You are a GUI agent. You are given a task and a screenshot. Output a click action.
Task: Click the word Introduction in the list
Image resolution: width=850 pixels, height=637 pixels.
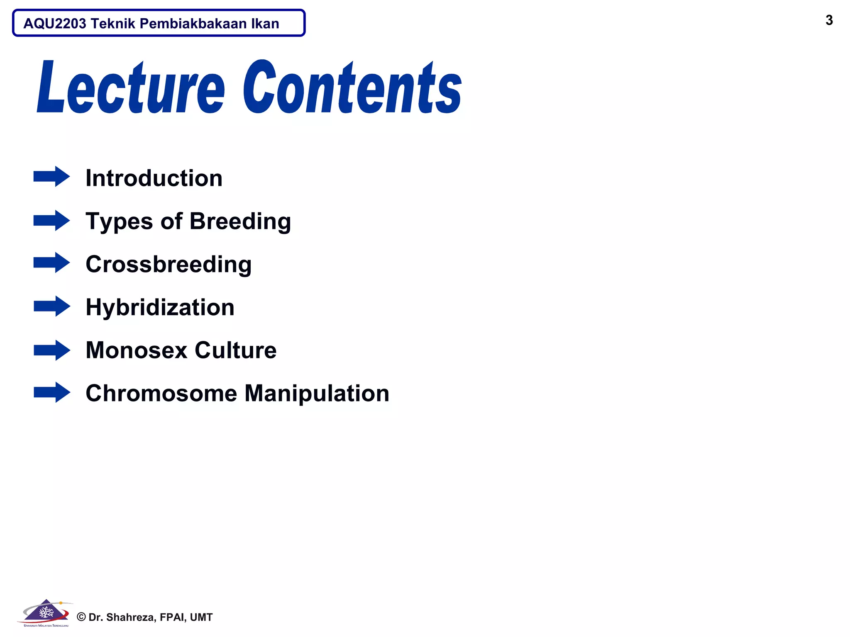click(x=154, y=178)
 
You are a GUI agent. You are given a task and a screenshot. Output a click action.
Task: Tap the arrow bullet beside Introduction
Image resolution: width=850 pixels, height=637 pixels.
click(x=51, y=177)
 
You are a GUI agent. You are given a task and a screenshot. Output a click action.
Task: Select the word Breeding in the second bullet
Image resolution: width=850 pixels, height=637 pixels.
click(x=240, y=221)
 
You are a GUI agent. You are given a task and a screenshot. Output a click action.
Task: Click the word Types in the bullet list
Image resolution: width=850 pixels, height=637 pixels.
click(x=119, y=221)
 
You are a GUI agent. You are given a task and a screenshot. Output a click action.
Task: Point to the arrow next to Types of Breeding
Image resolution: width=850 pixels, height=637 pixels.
click(x=51, y=220)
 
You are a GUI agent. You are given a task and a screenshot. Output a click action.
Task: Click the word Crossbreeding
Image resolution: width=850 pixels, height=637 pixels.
click(x=169, y=264)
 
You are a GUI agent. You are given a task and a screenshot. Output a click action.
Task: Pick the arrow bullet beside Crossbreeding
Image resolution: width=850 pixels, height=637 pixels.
click(x=51, y=263)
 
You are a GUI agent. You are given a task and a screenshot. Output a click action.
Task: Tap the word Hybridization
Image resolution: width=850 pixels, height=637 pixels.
click(x=160, y=307)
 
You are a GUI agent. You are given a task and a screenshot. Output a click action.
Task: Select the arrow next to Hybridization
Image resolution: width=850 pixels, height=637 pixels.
click(x=51, y=306)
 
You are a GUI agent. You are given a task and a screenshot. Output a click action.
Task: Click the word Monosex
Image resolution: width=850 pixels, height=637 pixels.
click(x=137, y=350)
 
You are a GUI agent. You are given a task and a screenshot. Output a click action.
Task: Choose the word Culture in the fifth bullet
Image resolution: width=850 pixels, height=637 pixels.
click(x=235, y=350)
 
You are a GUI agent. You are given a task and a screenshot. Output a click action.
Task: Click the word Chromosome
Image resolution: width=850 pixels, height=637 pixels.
click(x=161, y=393)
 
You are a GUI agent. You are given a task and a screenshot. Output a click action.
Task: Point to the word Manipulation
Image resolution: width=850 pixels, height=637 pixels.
click(x=317, y=393)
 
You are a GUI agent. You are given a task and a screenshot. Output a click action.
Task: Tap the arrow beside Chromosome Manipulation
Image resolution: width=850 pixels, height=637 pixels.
click(x=51, y=392)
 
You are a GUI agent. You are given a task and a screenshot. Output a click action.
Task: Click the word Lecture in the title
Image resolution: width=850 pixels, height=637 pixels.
click(x=131, y=88)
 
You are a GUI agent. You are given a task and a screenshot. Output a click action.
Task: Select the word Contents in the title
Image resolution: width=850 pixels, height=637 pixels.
click(x=352, y=88)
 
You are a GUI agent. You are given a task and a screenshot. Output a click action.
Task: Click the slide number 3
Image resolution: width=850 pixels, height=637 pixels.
click(x=829, y=20)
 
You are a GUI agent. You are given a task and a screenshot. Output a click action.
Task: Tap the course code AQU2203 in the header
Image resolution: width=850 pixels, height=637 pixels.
click(x=55, y=24)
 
